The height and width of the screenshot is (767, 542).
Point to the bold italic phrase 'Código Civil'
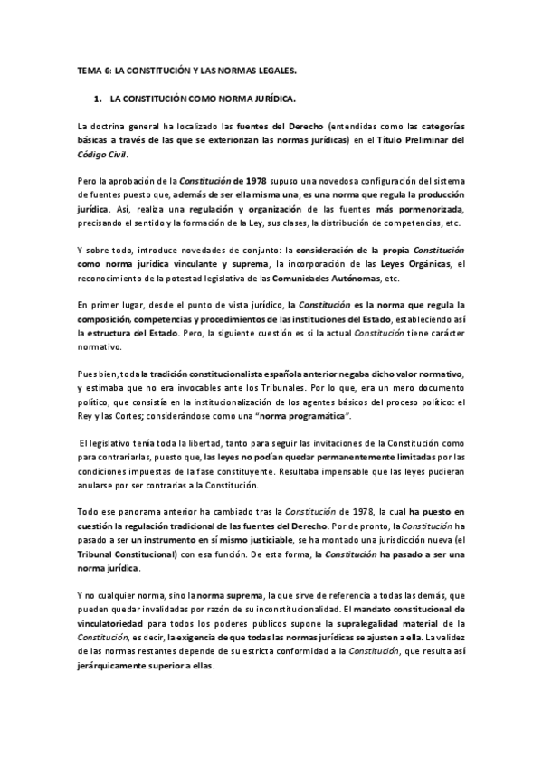[x=103, y=156]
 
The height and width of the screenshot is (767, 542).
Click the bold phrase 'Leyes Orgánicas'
[x=413, y=264]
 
